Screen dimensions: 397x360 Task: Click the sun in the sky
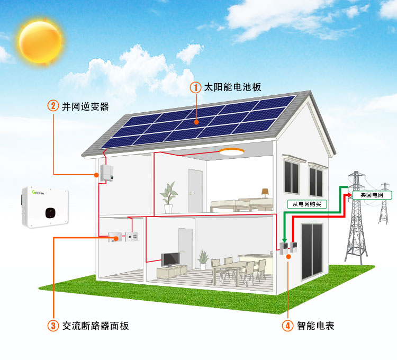click(40, 42)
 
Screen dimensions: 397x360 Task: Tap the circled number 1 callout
click(195, 87)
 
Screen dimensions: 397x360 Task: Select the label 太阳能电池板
click(232, 87)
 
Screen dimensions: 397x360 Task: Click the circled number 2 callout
click(53, 105)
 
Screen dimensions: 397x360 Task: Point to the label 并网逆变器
click(85, 106)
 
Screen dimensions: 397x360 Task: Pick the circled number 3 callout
click(53, 326)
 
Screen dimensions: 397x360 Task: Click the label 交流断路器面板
click(96, 326)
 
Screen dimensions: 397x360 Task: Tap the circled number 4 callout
click(287, 326)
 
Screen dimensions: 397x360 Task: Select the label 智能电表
click(315, 326)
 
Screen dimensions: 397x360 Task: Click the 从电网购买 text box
click(307, 204)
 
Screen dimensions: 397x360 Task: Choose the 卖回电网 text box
click(372, 195)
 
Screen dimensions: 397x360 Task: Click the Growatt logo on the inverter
click(38, 193)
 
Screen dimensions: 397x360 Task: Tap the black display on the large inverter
click(50, 213)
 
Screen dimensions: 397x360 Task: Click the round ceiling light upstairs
click(232, 151)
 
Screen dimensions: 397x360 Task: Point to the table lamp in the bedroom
click(265, 193)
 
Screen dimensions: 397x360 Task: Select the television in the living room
click(170, 259)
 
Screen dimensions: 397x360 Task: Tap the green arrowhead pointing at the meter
click(285, 240)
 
